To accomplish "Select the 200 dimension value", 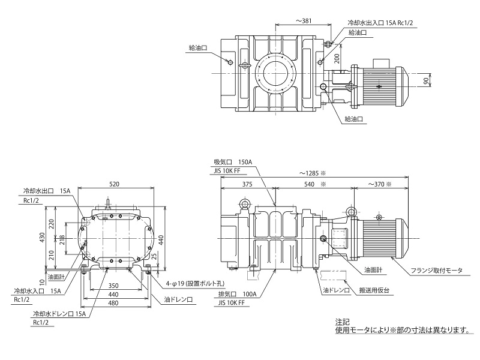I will pos(337,58).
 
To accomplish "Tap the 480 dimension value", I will pos(114,304).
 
